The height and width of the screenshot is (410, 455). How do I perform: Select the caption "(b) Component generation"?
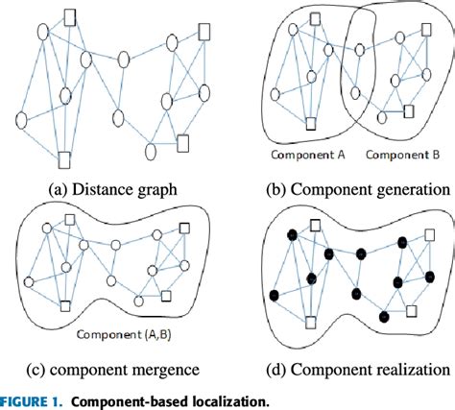(x=342, y=188)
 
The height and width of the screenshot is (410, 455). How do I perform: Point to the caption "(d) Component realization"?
(x=344, y=368)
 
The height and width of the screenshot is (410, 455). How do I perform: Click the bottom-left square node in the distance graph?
(x=63, y=158)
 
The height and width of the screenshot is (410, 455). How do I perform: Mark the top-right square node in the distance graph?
(x=203, y=31)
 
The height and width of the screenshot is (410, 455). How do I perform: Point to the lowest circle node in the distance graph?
(x=151, y=151)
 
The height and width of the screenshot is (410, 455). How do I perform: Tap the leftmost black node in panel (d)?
(x=275, y=293)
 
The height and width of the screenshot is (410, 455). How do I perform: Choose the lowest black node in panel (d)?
(x=384, y=316)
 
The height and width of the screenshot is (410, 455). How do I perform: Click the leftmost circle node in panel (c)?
(x=30, y=281)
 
